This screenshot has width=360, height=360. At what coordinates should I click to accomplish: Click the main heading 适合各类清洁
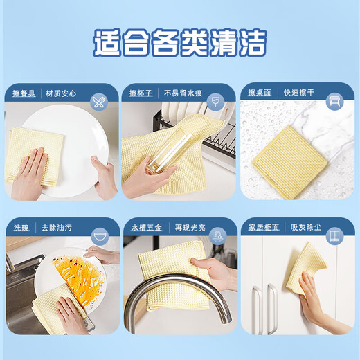pos(180,43)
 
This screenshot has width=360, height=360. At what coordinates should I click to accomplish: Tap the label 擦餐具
pos(25,93)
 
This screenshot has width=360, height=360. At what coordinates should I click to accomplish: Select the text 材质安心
pos(61,93)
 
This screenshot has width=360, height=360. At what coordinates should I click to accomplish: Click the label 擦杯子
pos(141,93)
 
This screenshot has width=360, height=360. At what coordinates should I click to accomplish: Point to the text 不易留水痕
pos(181,93)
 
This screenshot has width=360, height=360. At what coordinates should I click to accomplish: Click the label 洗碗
pos(21,228)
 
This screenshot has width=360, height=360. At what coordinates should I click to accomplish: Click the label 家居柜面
pos(262,228)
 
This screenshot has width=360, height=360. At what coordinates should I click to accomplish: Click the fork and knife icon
pos(99,102)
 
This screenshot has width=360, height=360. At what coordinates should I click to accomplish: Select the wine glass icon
pos(215,102)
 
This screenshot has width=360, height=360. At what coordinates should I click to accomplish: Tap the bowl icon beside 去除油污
pos(99,237)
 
